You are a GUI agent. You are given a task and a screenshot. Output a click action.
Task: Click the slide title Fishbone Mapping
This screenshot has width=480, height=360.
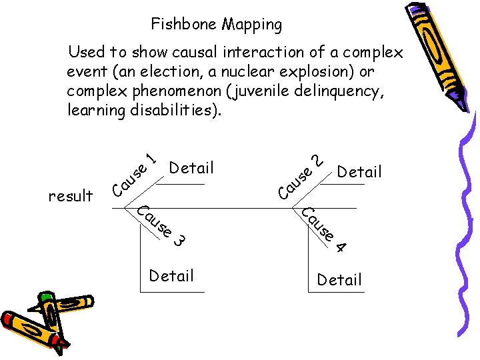(216, 25)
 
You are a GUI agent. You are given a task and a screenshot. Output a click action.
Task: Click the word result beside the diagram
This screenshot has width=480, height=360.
(71, 196)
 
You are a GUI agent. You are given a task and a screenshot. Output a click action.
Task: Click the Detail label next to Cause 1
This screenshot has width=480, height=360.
(191, 168)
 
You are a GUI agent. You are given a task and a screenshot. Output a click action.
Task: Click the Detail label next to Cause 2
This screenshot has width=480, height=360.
(359, 172)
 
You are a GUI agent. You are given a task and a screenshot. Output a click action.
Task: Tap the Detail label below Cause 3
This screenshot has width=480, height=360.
(171, 275)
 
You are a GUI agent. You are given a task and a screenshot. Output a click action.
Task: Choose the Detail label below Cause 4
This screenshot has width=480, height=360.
(339, 280)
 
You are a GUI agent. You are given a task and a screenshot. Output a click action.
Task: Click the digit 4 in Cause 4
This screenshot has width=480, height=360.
(341, 247)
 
